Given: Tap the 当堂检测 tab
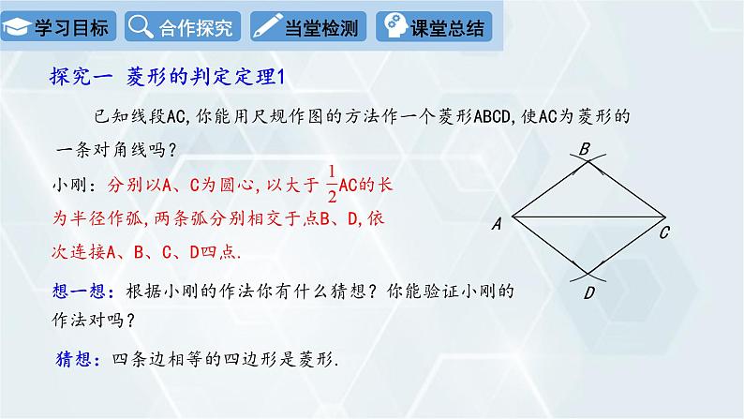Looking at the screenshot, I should [307, 27].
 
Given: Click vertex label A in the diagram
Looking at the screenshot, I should [496, 223].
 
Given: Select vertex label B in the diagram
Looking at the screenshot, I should [584, 148].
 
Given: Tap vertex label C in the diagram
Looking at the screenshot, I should [663, 233].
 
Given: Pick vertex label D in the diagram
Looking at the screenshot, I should [588, 293].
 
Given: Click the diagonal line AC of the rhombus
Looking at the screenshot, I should [581, 221].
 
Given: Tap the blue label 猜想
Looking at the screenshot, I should [74, 358].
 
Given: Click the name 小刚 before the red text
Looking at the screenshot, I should [71, 186].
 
